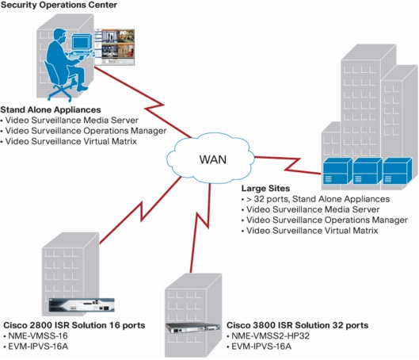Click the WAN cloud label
click(213, 159)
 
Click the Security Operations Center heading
click(59, 5)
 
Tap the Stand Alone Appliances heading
click(51, 109)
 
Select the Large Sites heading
click(265, 188)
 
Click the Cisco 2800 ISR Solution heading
click(74, 325)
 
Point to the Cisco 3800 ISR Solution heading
click(297, 325)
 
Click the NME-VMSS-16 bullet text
click(38, 335)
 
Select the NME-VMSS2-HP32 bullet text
click(270, 335)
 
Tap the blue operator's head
click(59, 35)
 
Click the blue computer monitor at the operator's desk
click(82, 43)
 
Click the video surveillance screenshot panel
click(114, 47)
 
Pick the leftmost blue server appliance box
click(337, 170)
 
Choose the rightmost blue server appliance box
click(397, 170)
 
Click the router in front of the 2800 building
click(82, 305)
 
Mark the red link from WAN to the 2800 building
click(141, 211)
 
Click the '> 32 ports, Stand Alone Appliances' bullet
click(318, 199)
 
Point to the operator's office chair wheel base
click(60, 92)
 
